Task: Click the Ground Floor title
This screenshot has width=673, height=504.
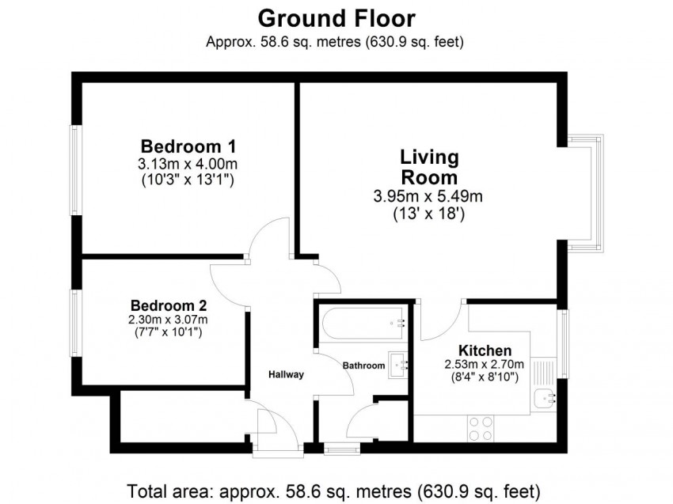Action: [336, 19]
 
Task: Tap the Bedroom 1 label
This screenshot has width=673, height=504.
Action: [188, 146]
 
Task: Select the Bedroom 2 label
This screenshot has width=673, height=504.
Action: [169, 306]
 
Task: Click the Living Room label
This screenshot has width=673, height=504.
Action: [429, 167]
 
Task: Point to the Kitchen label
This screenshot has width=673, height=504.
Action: [485, 351]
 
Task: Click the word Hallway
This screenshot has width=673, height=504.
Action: [287, 374]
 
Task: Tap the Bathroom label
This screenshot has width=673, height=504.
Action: [363, 366]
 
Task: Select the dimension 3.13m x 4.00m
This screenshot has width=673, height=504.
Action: [188, 164]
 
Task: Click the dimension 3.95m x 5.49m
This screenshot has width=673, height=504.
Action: [428, 196]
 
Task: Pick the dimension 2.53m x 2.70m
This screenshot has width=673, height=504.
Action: [484, 365]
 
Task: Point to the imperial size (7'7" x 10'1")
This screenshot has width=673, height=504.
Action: [168, 332]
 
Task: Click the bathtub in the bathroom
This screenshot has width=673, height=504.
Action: [363, 324]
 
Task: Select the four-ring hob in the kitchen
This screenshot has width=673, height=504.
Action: [481, 429]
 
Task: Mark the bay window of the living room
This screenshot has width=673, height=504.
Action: [586, 193]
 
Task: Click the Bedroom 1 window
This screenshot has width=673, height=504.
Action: [76, 170]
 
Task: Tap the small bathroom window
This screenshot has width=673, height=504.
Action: [342, 449]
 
